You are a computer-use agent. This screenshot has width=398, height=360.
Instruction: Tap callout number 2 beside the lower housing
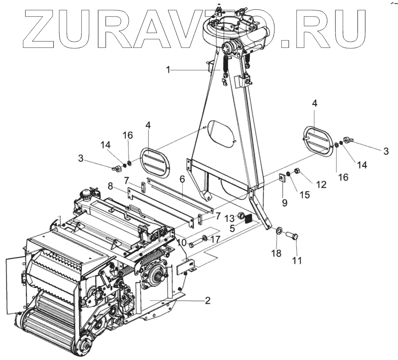[207, 300]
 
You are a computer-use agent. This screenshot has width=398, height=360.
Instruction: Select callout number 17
[216, 240]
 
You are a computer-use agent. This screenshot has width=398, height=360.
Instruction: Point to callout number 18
[277, 253]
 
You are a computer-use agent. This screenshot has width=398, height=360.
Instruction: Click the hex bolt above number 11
[293, 235]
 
